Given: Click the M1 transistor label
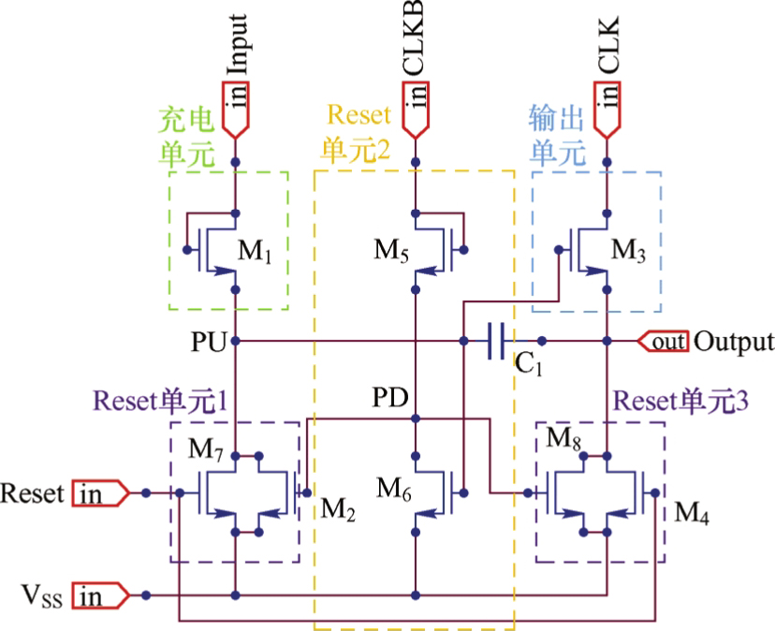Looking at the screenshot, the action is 255,251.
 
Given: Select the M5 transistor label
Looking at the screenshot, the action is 391,250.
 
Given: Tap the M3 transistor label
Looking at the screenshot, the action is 628,250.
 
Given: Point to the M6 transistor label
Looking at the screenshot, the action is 394,490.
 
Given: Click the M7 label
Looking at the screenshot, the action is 206,450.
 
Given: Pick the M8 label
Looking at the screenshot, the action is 563,438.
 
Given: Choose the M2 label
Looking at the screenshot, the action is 338,509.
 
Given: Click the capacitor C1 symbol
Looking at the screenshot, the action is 496,341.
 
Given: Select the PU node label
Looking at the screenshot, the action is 209,342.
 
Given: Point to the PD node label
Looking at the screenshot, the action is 390,397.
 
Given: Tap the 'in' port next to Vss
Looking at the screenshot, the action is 101,595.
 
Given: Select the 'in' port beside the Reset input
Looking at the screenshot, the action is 101,493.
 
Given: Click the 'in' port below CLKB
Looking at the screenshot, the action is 416,110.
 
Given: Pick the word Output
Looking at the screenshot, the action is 734,341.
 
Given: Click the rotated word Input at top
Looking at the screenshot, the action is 237,45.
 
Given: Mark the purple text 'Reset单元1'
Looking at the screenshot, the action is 161,401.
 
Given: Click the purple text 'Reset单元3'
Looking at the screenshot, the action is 681,401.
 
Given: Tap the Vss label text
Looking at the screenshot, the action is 42,595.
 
